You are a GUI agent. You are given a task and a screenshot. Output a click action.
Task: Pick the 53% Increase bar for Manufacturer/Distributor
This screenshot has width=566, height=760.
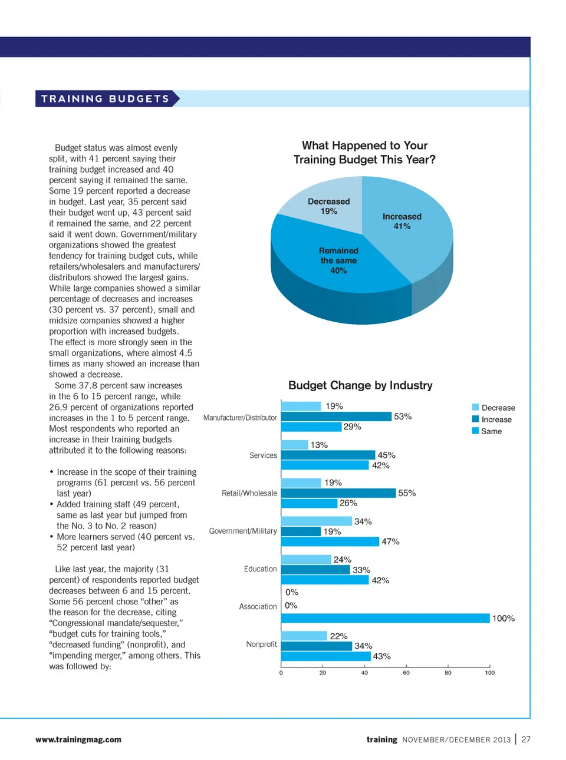pyautogui.click(x=336, y=417)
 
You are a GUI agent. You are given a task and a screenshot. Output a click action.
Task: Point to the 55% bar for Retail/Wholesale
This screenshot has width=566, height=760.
pyautogui.click(x=338, y=493)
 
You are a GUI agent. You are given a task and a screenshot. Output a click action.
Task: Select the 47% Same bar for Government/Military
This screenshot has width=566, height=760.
pyautogui.click(x=330, y=541)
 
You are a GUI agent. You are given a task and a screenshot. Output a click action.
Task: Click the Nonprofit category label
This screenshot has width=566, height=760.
pyautogui.click(x=261, y=645)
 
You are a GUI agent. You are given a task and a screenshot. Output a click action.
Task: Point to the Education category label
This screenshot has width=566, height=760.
pyautogui.click(x=260, y=569)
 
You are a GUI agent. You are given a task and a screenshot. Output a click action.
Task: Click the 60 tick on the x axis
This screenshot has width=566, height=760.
pyautogui.click(x=406, y=672)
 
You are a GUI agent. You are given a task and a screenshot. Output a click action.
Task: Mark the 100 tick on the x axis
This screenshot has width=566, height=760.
pyautogui.click(x=490, y=672)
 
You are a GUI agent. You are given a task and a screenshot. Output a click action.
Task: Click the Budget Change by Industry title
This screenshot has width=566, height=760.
pyautogui.click(x=360, y=385)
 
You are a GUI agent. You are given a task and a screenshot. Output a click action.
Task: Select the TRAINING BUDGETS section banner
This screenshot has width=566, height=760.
pyautogui.click(x=106, y=99)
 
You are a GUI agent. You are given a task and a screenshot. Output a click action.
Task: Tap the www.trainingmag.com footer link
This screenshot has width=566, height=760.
pyautogui.click(x=78, y=740)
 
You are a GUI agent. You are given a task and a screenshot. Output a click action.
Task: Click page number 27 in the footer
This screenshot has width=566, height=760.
pyautogui.click(x=526, y=740)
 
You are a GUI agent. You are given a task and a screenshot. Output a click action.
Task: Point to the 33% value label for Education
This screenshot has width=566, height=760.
pyautogui.click(x=361, y=570)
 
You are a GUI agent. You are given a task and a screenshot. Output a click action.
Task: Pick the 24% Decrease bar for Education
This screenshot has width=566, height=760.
pyautogui.click(x=306, y=559)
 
